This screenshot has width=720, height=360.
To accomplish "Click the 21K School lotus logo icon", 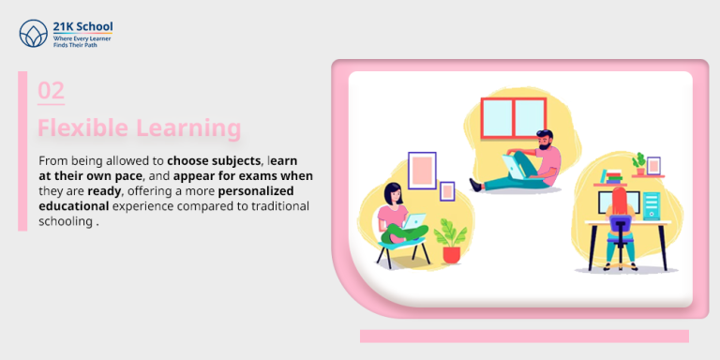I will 32,35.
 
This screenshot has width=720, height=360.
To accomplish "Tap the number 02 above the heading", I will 51,91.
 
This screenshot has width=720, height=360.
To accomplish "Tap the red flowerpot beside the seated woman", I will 453,253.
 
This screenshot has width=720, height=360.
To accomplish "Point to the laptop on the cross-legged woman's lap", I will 413,221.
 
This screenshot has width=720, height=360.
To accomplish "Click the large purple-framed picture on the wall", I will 422,171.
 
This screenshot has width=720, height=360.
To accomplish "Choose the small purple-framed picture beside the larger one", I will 447,190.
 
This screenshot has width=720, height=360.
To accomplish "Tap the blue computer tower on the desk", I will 652,205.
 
